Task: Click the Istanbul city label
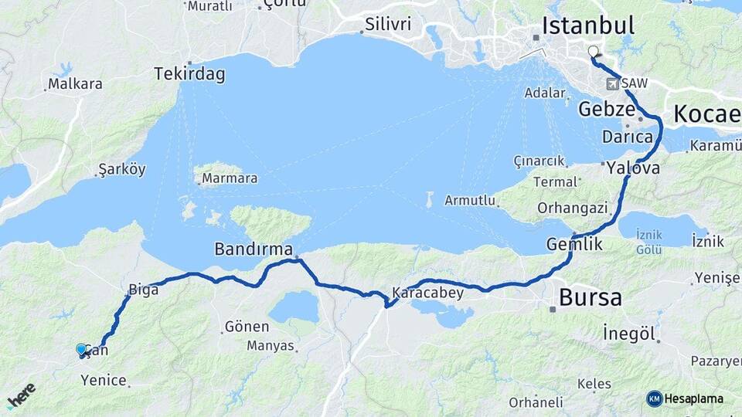[587, 25]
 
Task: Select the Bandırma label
[254, 249]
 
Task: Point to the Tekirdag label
[189, 74]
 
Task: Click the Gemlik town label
[574, 244]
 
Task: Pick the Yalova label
[633, 168]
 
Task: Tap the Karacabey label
[427, 293]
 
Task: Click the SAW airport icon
[613, 83]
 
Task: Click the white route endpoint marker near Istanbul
[594, 52]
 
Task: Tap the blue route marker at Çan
[81, 350]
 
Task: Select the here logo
[21, 396]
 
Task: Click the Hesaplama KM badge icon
[655, 398]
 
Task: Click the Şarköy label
[123, 169]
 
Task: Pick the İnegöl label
[630, 334]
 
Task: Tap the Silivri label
[387, 24]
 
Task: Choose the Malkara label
[75, 84]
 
